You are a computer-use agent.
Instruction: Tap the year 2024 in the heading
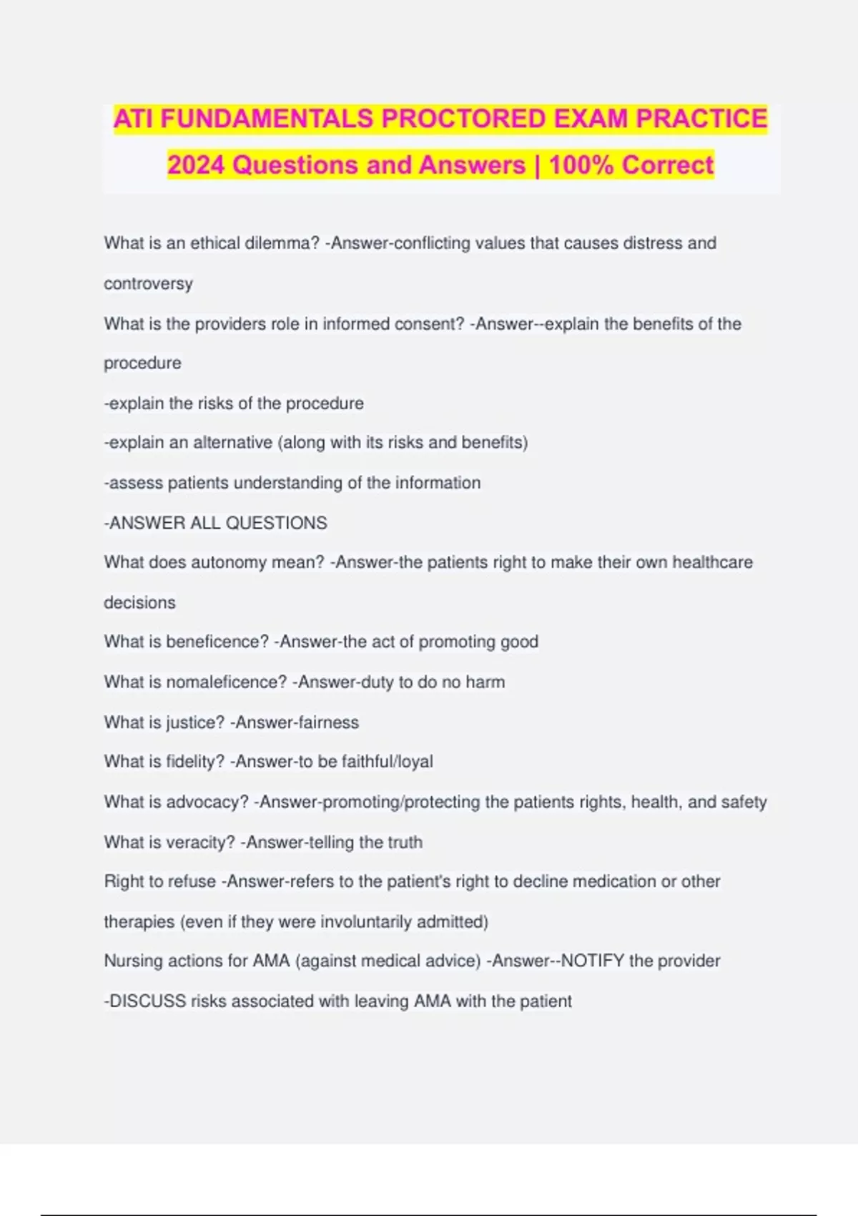point(197,165)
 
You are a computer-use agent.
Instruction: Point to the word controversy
point(148,284)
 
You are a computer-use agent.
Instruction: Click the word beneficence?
point(217,642)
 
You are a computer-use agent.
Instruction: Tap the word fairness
point(328,722)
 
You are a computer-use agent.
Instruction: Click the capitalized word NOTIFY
point(592,961)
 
